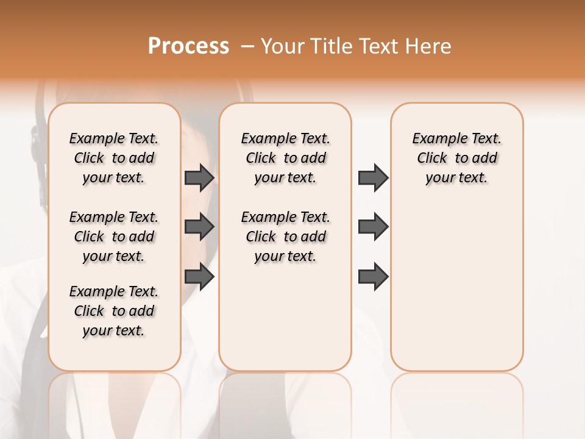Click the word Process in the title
point(188,46)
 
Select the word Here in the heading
point(429,46)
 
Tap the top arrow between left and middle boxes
point(199,178)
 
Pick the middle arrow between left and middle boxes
point(199,227)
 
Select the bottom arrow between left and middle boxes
point(199,277)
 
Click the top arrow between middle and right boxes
point(373,178)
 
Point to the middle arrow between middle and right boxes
point(373,227)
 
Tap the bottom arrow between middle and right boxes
point(373,277)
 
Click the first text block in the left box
point(114,158)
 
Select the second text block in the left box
point(114,237)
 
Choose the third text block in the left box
point(114,311)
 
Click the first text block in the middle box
point(285,158)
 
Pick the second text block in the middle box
point(285,237)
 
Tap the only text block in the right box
point(456,158)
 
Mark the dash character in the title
point(247,46)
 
